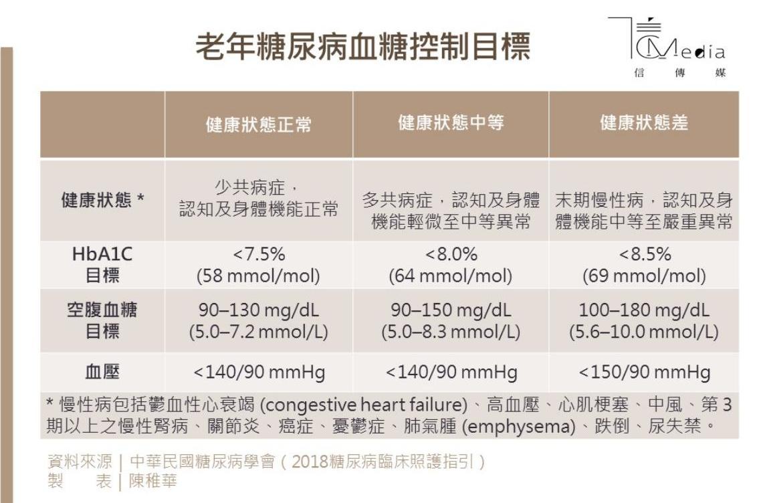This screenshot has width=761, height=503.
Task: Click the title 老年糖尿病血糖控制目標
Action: coord(362,47)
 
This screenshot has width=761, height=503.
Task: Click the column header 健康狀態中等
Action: coord(451,122)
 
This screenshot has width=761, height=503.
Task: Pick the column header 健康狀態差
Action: coord(643,122)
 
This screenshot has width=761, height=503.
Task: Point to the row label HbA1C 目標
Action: coord(102,265)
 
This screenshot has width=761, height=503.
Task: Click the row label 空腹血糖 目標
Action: coord(102,320)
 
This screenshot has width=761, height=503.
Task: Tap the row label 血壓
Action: coord(102,372)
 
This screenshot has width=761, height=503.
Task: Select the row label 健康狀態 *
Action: coord(102,200)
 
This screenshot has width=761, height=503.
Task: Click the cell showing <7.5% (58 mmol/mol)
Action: coord(258,265)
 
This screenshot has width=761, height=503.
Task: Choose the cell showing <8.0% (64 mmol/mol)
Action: coord(451,265)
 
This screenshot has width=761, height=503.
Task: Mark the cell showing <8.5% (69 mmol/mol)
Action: coord(643,265)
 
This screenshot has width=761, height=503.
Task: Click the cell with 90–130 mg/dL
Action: coord(258,320)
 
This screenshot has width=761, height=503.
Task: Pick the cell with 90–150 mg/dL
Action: coord(451,320)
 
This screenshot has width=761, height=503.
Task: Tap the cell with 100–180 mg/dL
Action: coord(643,320)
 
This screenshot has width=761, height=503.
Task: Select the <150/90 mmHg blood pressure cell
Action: coord(643,372)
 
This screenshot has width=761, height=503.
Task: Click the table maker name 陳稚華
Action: coord(153,481)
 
